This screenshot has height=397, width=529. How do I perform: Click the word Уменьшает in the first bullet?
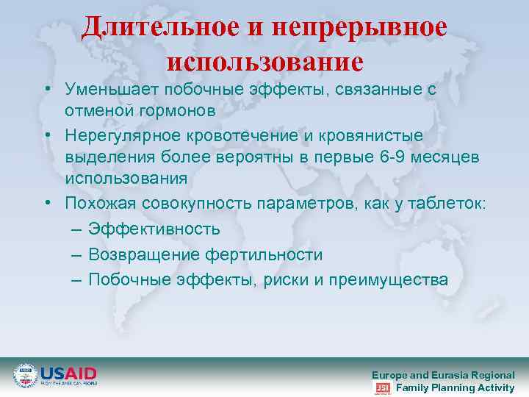pyautogui.click(x=112, y=90)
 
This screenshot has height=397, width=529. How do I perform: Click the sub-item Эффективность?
pyautogui.click(x=154, y=229)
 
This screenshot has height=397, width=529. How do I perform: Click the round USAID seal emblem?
pyautogui.click(x=25, y=375)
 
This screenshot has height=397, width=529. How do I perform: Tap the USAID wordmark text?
pyautogui.click(x=68, y=373)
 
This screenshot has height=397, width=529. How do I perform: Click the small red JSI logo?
pyautogui.click(x=383, y=387)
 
